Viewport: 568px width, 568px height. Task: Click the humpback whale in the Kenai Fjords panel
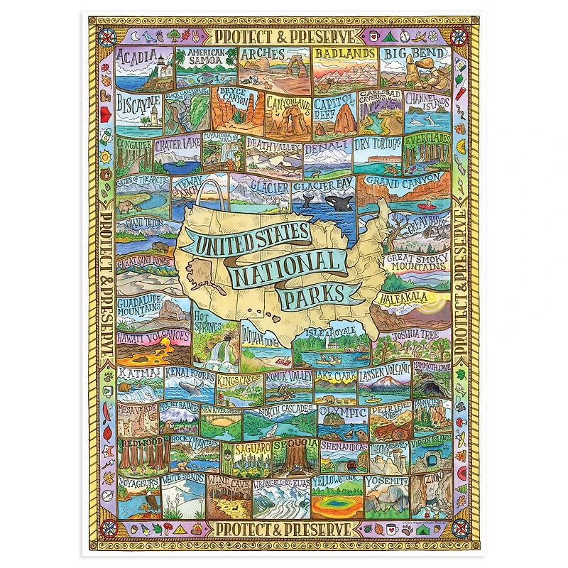click(x=190, y=388)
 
